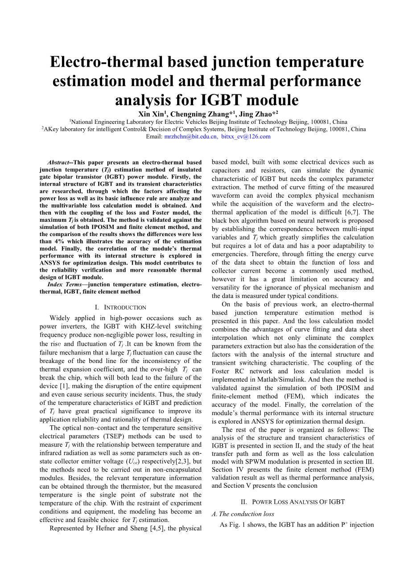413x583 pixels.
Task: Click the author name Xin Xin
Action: [150, 114]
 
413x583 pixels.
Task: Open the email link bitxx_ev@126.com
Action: [246, 137]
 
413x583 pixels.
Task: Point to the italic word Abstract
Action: [58, 163]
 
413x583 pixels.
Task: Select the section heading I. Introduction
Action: [120, 307]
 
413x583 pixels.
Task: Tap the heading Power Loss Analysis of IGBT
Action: [293, 502]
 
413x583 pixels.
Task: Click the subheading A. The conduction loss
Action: [243, 514]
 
